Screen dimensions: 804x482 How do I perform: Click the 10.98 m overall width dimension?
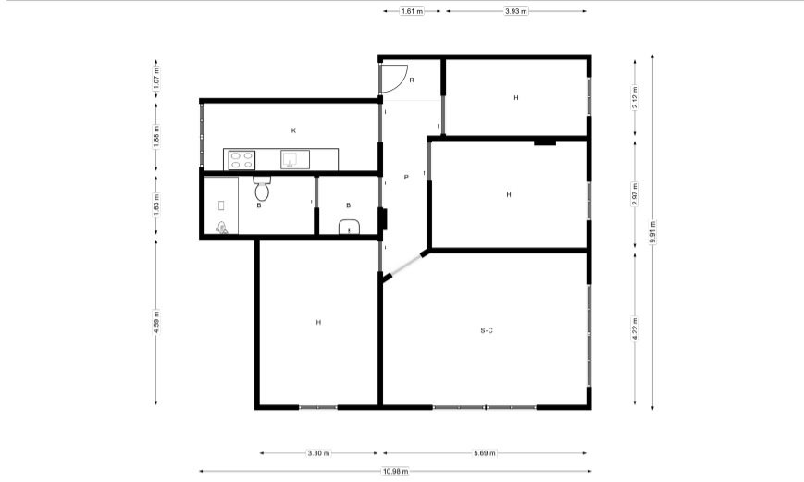pyautogui.click(x=395, y=471)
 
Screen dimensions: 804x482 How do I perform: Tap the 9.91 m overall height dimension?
pyautogui.click(x=653, y=232)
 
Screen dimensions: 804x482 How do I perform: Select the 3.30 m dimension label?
pyautogui.click(x=319, y=453)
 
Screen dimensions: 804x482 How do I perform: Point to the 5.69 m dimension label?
pyautogui.click(x=485, y=453)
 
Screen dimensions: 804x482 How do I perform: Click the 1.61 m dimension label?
pyautogui.click(x=413, y=11)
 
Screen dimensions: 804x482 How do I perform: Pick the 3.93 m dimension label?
pyautogui.click(x=516, y=11)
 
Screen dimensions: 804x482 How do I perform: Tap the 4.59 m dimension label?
pyautogui.click(x=156, y=322)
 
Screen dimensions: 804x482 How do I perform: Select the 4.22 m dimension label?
pyautogui.click(x=636, y=328)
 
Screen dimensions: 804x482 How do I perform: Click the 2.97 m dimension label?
pyautogui.click(x=636, y=194)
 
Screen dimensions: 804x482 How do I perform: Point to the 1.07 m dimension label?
pyautogui.click(x=156, y=78)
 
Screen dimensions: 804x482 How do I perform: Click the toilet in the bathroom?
pyautogui.click(x=262, y=188)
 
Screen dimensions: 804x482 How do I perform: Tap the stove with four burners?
pyautogui.click(x=242, y=160)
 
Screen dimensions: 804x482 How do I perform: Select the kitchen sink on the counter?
pyautogui.click(x=295, y=159)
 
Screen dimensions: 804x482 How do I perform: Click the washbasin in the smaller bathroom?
pyautogui.click(x=349, y=227)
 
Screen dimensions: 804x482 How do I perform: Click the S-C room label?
pyautogui.click(x=487, y=330)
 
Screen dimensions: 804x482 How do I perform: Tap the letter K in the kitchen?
pyautogui.click(x=294, y=130)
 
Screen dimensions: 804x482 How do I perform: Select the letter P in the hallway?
pyautogui.click(x=406, y=178)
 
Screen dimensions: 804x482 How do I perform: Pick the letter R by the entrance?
pyautogui.click(x=412, y=80)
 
